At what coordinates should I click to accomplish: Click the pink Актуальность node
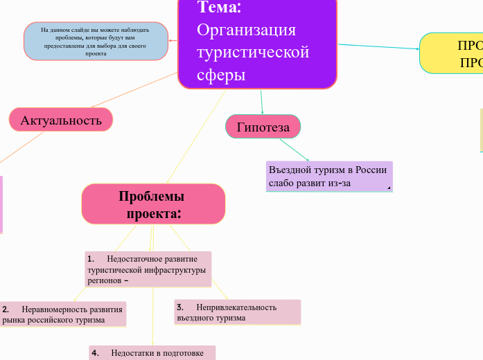(61, 120)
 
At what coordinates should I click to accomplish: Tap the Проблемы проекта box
(154, 204)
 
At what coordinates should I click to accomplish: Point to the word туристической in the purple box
(253, 53)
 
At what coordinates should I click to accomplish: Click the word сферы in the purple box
(221, 75)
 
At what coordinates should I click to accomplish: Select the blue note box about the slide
(96, 41)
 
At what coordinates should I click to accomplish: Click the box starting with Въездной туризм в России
(329, 176)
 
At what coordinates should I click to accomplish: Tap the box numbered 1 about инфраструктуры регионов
(148, 269)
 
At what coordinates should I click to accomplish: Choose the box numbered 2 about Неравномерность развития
(63, 314)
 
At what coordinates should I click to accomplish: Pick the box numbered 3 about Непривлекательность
(237, 312)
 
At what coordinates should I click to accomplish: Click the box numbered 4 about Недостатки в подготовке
(152, 353)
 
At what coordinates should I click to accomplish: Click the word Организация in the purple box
(246, 30)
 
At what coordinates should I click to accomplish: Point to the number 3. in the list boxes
(179, 307)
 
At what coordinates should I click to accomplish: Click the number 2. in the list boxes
(6, 309)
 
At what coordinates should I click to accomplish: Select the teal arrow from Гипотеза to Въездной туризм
(294, 149)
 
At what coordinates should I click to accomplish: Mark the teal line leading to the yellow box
(378, 47)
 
